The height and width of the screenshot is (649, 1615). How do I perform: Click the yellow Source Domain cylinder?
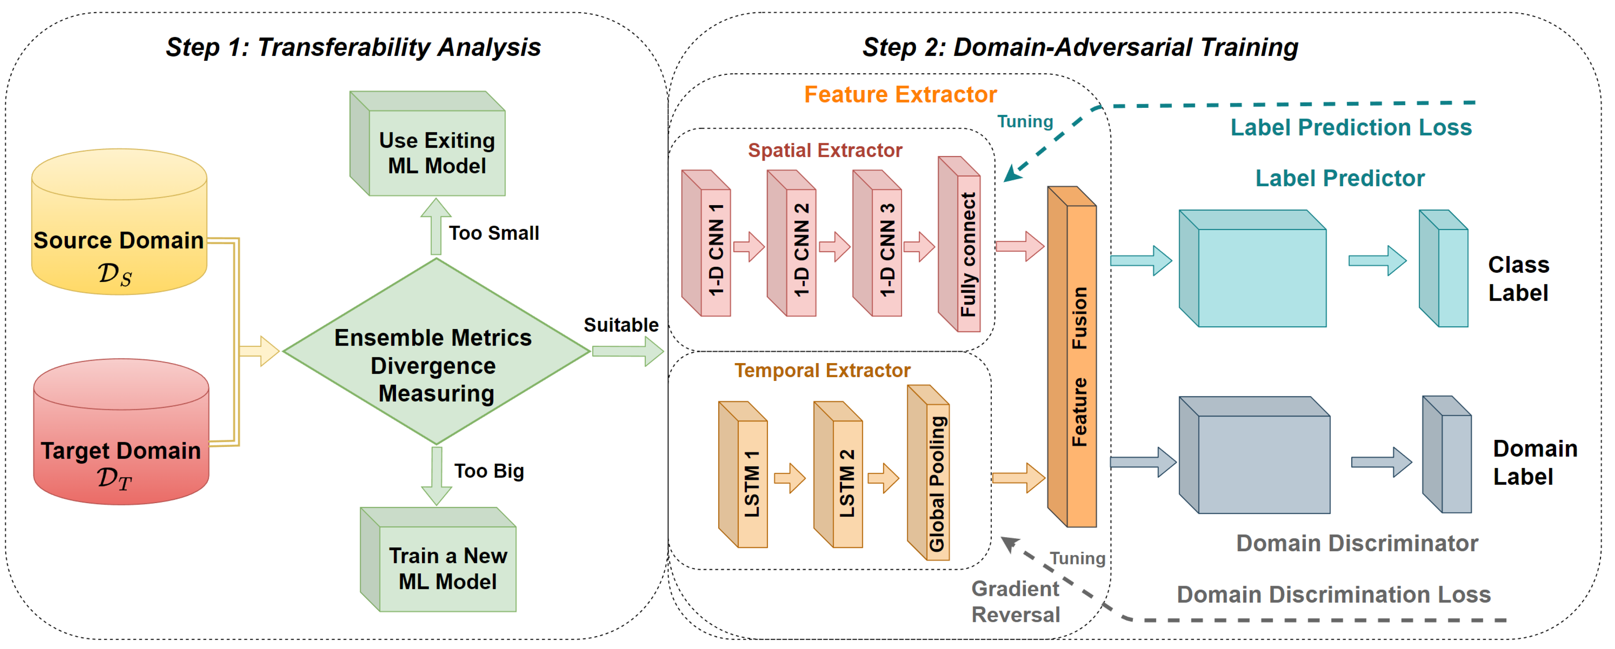[119, 223]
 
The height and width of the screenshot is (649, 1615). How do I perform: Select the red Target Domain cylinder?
[121, 433]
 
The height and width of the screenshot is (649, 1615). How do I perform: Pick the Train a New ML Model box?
[447, 568]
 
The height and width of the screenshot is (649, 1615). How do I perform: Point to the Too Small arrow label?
[493, 233]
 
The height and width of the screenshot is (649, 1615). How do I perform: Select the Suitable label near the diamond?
[621, 325]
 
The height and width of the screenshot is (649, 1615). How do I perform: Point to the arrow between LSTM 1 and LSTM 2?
[790, 478]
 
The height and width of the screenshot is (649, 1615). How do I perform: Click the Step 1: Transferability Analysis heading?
[353, 48]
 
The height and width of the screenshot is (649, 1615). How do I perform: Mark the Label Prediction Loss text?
[1350, 127]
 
